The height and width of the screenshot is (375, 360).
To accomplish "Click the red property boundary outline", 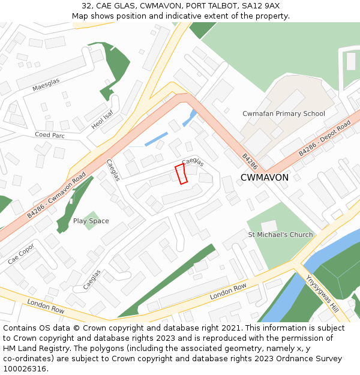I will coord(181,173).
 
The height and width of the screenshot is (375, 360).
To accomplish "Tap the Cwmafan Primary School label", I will coord(284,113).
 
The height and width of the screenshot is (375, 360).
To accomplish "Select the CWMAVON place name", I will coord(264,178).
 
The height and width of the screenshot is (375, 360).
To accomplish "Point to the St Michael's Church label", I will coord(281,235).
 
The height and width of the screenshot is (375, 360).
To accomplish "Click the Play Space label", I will coord(91,221).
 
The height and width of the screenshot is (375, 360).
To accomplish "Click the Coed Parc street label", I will coord(49,135).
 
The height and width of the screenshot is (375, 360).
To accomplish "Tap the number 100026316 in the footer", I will coord(25,369).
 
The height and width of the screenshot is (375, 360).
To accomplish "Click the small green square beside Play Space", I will coord(91,220).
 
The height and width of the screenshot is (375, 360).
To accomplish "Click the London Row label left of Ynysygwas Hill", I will coord(228,292).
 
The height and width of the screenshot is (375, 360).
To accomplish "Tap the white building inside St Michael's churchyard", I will coord(269,226).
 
